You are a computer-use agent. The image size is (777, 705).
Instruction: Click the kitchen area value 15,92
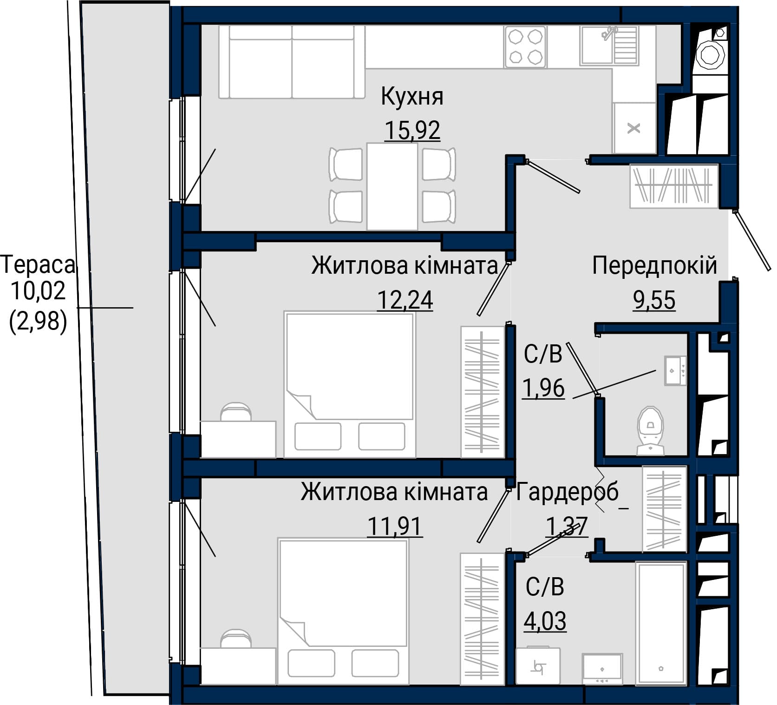[412, 130]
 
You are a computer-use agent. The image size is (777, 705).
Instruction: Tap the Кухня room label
[412, 97]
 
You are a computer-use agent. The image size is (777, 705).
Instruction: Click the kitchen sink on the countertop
[609, 45]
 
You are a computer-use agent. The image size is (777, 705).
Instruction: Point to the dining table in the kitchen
[392, 186]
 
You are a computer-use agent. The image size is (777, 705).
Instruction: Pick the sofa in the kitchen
[292, 62]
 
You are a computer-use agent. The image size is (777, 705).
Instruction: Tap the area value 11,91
[395, 527]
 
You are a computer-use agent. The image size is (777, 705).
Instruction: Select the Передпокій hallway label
[654, 266]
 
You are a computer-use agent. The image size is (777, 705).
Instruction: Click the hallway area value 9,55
[654, 300]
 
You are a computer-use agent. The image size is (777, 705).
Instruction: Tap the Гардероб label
[568, 492]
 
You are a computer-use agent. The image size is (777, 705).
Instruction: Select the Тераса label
[38, 265]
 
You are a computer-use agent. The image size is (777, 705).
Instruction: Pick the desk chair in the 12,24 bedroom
[236, 412]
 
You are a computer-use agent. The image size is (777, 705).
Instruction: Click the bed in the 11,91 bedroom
[343, 611]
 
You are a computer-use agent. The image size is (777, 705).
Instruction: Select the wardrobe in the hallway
[674, 186]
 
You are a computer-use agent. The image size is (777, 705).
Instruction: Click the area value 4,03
[545, 621]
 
